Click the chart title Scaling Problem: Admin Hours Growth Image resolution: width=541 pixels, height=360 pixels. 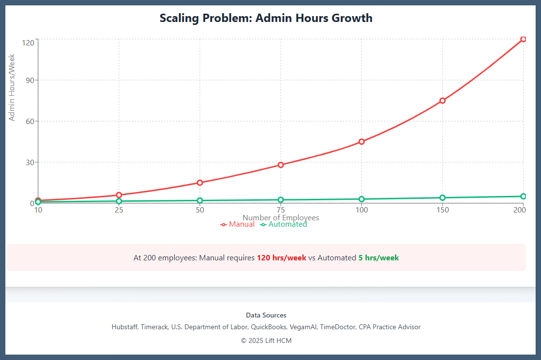(266, 19)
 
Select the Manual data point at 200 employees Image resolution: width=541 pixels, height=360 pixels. (523, 39)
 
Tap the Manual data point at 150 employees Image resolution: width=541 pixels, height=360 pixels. (442, 101)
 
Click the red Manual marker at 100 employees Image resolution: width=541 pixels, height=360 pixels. (361, 142)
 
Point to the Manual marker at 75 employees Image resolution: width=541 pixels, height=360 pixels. (281, 165)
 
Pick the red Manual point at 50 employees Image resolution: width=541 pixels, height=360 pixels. (200, 183)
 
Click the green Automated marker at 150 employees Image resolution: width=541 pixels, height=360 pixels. (442, 198)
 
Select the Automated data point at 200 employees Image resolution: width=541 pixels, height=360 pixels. (523, 196)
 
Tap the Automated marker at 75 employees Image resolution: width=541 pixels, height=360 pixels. (281, 200)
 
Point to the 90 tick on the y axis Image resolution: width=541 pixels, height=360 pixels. (28, 80)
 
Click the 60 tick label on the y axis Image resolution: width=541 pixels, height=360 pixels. (28, 121)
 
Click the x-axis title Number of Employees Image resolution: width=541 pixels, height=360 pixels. (281, 218)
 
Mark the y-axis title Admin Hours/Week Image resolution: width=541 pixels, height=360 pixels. (12, 87)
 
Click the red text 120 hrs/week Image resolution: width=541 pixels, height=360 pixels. (281, 258)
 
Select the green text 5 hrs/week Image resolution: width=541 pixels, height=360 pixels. (378, 258)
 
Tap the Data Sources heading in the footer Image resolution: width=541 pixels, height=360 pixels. (266, 316)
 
